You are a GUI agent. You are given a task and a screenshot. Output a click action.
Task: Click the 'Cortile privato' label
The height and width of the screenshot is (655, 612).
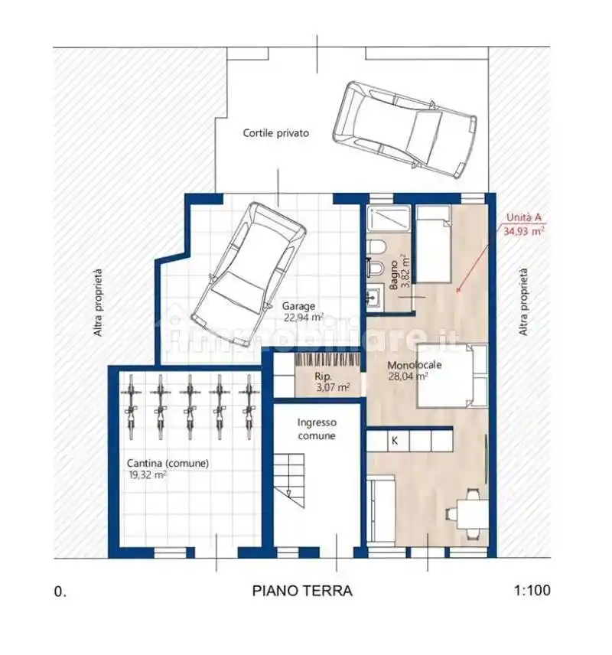[x=275, y=133]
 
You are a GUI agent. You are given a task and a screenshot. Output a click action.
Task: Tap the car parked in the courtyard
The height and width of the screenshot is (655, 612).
[x=405, y=129]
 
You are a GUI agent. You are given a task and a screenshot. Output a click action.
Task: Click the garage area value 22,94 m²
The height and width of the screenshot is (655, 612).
[x=304, y=318]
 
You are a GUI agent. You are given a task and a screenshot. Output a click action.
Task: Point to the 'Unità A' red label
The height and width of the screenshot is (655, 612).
[x=523, y=217]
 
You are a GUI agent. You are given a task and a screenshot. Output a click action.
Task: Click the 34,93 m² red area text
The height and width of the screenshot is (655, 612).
[x=523, y=231]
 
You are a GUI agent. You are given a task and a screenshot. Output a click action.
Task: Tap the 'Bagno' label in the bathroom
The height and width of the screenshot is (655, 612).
[x=393, y=275]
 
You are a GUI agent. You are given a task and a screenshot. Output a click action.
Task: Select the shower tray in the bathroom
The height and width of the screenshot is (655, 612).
[x=389, y=219]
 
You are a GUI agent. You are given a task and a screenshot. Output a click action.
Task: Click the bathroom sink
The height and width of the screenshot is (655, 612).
[x=375, y=298]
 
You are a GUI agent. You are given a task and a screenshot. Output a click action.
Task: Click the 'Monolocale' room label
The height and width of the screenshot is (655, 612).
[x=415, y=365]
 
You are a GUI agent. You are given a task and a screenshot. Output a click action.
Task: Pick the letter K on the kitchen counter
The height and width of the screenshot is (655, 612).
[x=394, y=440]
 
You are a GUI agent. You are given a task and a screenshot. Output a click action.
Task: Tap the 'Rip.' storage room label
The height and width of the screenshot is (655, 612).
[x=324, y=376]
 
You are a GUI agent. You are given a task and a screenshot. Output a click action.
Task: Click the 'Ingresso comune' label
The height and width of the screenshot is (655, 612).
[x=317, y=429]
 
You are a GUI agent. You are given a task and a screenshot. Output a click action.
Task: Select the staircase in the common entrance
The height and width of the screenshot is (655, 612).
[x=290, y=481]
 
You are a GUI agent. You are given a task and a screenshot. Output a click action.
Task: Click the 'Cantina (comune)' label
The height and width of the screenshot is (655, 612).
[x=168, y=463]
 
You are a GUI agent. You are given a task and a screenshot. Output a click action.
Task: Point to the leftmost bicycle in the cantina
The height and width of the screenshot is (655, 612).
[x=131, y=407]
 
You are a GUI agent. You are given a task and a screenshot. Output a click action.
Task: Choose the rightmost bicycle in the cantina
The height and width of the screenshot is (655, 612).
[x=249, y=407]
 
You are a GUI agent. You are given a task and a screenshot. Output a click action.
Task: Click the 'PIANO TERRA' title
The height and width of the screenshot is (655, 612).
[x=302, y=591]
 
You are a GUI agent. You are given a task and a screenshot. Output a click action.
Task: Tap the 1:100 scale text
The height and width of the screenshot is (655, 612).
[x=532, y=590]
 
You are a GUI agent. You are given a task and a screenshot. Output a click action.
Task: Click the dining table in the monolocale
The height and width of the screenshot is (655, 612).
[x=473, y=514]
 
